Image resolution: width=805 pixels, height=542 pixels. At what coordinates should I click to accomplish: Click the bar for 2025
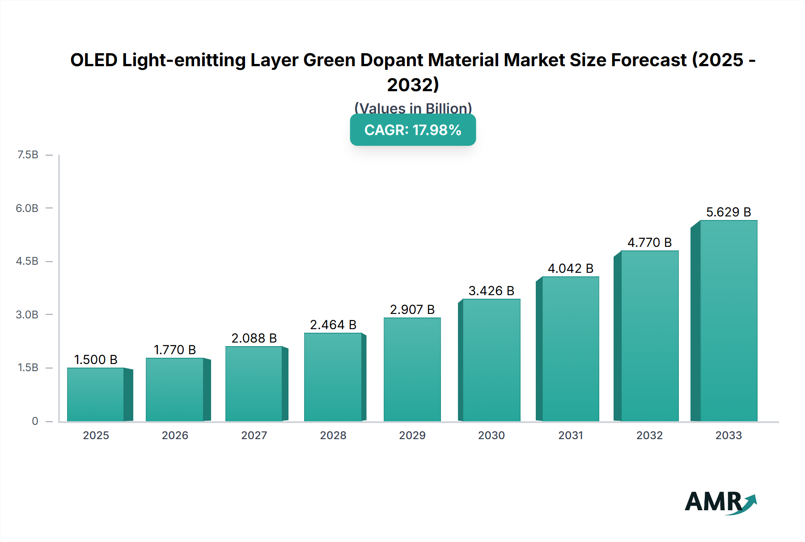click(x=96, y=394)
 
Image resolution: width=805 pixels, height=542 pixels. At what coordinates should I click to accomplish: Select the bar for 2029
click(x=412, y=369)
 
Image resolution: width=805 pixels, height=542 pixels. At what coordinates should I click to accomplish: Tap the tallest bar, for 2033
click(x=728, y=321)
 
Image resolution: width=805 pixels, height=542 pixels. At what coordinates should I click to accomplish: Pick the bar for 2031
click(x=570, y=349)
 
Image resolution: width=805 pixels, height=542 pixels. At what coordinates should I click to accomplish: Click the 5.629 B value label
click(x=728, y=212)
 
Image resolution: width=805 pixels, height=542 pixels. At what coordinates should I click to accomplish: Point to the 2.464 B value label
click(x=333, y=325)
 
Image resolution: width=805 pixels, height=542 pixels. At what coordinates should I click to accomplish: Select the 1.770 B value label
click(x=175, y=350)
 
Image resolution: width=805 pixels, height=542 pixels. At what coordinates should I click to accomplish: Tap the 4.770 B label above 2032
click(x=649, y=242)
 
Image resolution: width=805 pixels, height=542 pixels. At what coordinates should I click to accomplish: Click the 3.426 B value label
click(x=491, y=291)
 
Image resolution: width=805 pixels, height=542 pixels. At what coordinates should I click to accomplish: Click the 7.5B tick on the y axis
click(x=28, y=155)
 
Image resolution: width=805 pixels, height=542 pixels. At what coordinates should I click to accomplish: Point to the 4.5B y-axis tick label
click(x=27, y=261)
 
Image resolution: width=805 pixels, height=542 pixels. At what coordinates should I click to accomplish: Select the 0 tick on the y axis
click(x=35, y=421)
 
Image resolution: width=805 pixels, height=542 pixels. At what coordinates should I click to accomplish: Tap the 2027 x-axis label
click(x=254, y=435)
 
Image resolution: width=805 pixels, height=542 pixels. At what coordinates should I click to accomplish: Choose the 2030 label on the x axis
click(x=491, y=435)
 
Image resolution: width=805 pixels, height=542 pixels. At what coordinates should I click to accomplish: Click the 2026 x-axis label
click(x=175, y=435)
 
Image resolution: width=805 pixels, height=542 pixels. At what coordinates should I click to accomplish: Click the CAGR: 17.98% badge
click(x=412, y=130)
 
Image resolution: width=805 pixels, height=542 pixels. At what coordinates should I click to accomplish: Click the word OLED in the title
click(x=94, y=60)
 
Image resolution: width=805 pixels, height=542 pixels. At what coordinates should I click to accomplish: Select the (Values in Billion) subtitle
click(x=412, y=108)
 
